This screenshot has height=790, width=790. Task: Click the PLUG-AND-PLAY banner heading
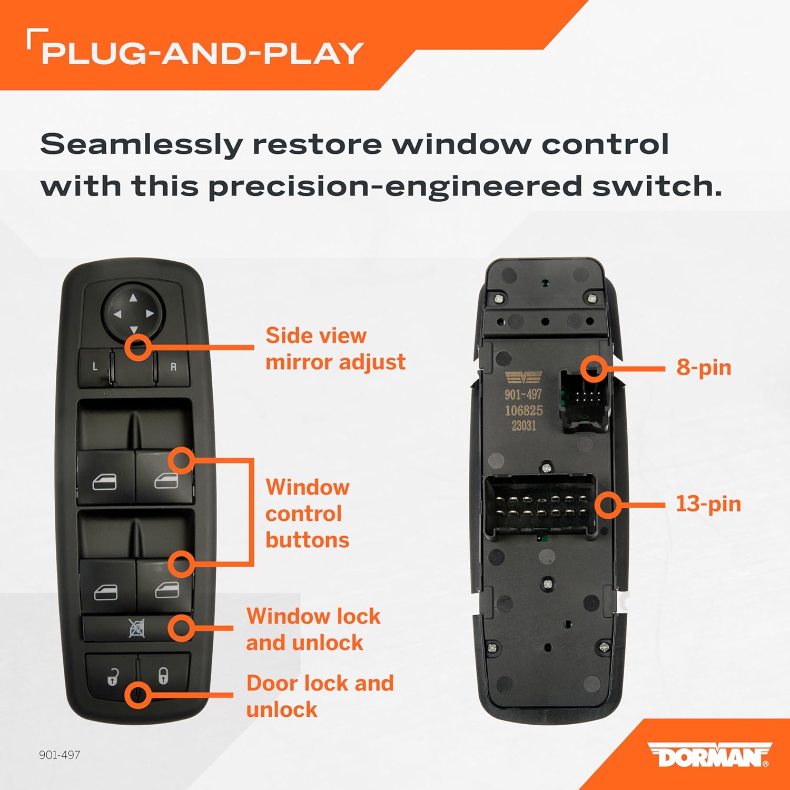pyautogui.click(x=202, y=53)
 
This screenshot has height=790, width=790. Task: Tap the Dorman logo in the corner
pyautogui.click(x=709, y=755)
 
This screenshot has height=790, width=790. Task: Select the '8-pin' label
pyautogui.click(x=704, y=368)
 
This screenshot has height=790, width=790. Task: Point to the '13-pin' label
pyautogui.click(x=708, y=503)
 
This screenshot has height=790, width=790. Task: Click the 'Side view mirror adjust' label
pyautogui.click(x=335, y=349)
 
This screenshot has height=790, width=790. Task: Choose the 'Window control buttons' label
pyautogui.click(x=308, y=513)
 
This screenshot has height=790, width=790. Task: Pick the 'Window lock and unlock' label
pyautogui.click(x=313, y=629)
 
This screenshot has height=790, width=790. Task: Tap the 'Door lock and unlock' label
pyautogui.click(x=320, y=696)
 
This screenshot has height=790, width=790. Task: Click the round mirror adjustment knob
pyautogui.click(x=133, y=314)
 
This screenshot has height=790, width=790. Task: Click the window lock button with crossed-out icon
pyautogui.click(x=136, y=628)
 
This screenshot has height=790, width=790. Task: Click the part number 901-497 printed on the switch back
pyautogui.click(x=523, y=394)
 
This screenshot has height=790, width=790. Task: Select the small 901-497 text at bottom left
pyautogui.click(x=60, y=755)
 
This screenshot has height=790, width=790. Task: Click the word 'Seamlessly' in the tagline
pyautogui.click(x=141, y=144)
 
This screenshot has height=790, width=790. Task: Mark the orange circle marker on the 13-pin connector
pyautogui.click(x=608, y=505)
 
